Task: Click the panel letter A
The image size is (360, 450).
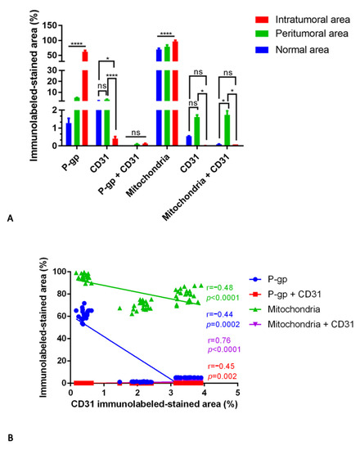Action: coord(9,218)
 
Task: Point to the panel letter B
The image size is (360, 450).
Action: coord(9,439)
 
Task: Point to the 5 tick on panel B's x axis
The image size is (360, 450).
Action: coord(237,393)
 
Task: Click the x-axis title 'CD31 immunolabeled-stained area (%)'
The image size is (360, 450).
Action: coord(154,403)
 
